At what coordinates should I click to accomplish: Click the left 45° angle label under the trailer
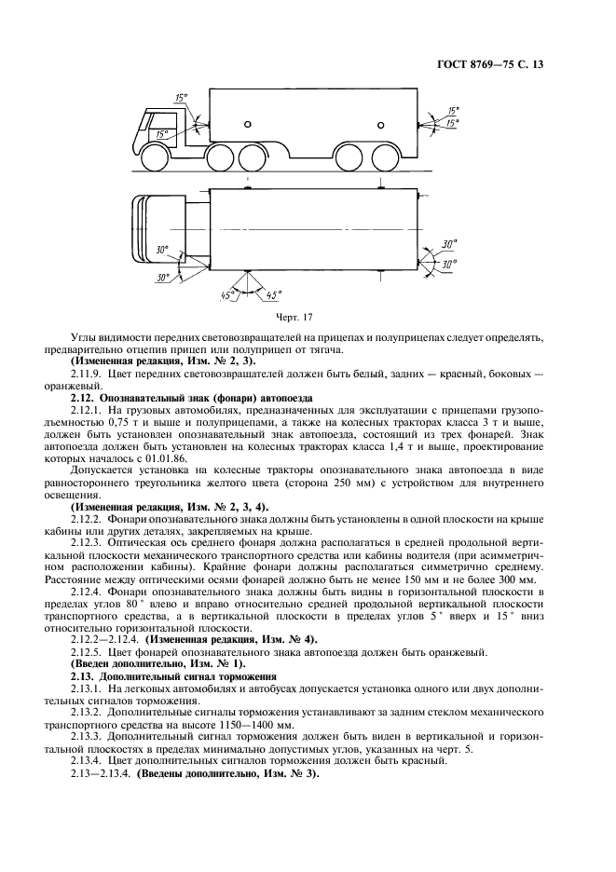226,295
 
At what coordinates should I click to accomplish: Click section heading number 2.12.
84,397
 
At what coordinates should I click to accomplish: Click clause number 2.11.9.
89,372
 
